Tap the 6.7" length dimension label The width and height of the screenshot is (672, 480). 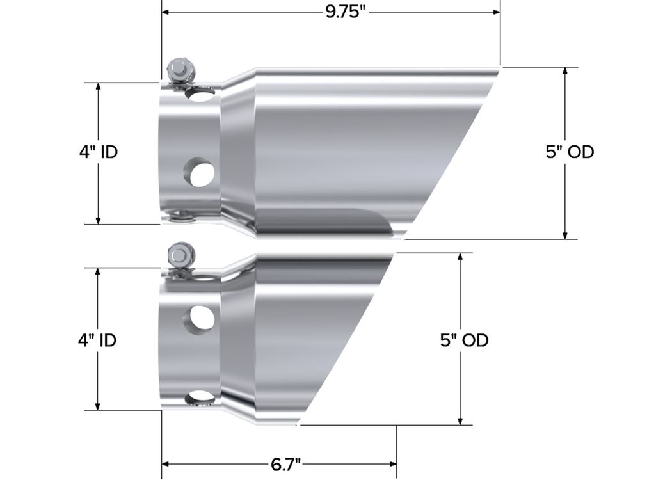click(x=286, y=464)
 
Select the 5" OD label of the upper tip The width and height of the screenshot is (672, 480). click(x=570, y=152)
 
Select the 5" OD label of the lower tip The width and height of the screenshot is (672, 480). click(x=464, y=340)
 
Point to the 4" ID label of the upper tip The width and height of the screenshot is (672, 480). click(x=98, y=152)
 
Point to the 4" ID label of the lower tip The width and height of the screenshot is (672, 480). click(x=97, y=340)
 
